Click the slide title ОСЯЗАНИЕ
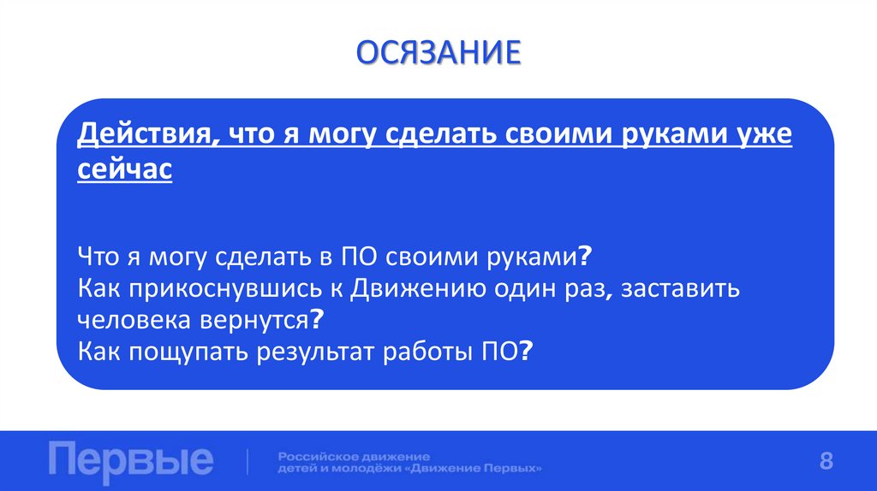coord(438,53)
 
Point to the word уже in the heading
coord(762,136)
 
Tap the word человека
coord(132,319)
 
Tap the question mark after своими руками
coord(586,256)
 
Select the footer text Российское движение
coord(354,455)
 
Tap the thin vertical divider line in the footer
coord(248,461)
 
